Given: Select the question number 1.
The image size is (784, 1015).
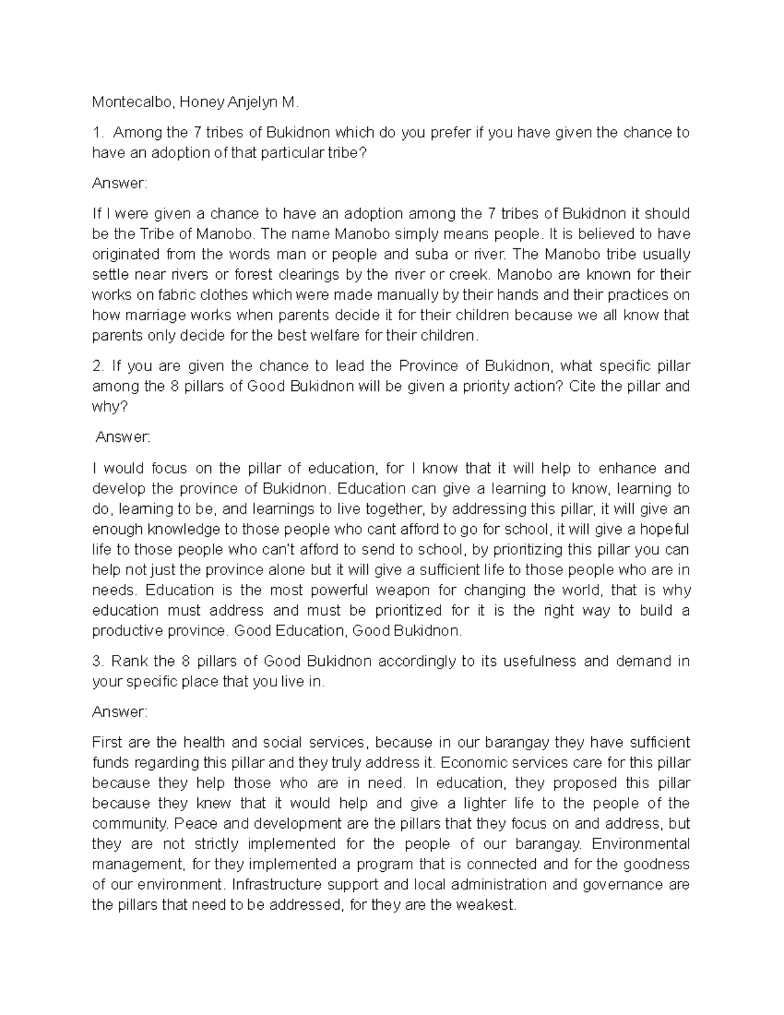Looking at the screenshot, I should (97, 133).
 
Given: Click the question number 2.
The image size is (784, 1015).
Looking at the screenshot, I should (97, 366).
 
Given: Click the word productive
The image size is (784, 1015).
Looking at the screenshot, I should (125, 631).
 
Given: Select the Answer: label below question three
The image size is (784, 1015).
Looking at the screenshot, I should (120, 712).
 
